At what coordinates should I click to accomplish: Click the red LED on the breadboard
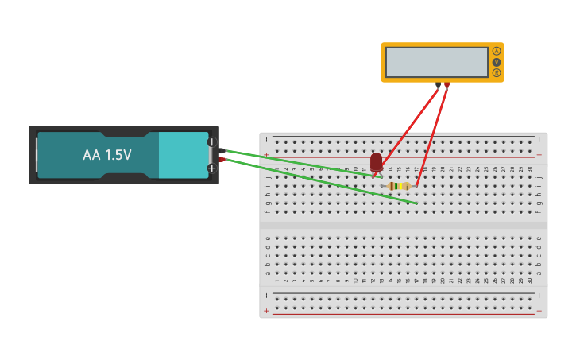click(377, 161)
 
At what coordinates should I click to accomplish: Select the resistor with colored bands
click(399, 186)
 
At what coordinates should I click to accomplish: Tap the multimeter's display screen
click(437, 62)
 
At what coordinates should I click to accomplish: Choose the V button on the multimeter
click(497, 62)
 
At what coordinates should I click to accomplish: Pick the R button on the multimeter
click(497, 73)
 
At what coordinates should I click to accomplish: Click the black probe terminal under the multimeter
click(438, 84)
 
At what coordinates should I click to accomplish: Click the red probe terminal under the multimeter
click(447, 84)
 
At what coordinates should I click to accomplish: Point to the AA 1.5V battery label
click(107, 155)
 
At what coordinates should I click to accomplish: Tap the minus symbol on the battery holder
click(212, 142)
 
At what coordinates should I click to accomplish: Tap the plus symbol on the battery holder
click(212, 168)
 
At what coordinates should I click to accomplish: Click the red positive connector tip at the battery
click(222, 160)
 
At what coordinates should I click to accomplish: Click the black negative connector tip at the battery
click(222, 149)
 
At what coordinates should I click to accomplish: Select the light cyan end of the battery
click(183, 155)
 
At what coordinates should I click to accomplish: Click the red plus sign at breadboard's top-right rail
click(539, 155)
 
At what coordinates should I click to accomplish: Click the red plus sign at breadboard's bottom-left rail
click(266, 311)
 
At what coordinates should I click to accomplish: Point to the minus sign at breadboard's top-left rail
click(266, 140)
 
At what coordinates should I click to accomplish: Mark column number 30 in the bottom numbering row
click(530, 281)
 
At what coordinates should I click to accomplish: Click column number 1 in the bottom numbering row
click(277, 281)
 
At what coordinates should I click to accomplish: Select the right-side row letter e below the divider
click(539, 238)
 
